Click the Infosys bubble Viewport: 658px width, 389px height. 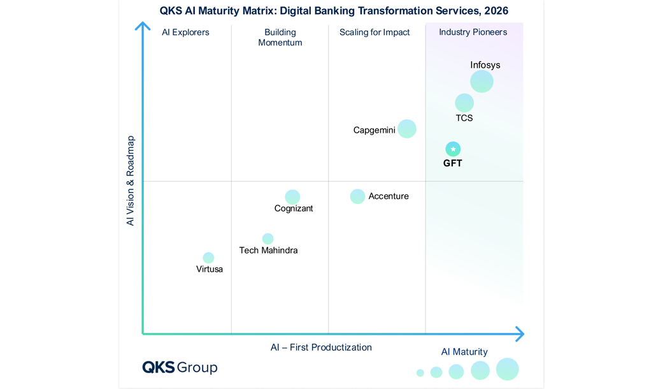482,82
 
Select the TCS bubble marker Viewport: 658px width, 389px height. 464,103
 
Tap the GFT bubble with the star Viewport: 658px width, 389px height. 453,149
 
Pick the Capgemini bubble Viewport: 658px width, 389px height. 407,129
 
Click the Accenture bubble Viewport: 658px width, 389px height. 357,196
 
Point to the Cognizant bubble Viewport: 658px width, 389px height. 292,197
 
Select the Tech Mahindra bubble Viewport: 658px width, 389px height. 268,239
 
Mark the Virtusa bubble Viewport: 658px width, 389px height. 208,258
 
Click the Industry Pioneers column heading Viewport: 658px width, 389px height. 473,33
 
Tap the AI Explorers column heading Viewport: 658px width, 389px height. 185,33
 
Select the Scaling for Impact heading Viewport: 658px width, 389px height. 375,33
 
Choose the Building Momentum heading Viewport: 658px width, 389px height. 280,38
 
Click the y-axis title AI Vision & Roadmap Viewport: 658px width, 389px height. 131,180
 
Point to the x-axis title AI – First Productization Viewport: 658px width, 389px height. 321,348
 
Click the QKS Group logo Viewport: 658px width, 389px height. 180,367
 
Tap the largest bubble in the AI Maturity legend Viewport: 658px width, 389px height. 508,369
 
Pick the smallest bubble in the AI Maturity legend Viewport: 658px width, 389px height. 420,372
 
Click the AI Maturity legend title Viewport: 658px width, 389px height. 464,352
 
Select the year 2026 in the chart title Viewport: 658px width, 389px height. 496,11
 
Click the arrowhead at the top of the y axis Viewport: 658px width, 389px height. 143,26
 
